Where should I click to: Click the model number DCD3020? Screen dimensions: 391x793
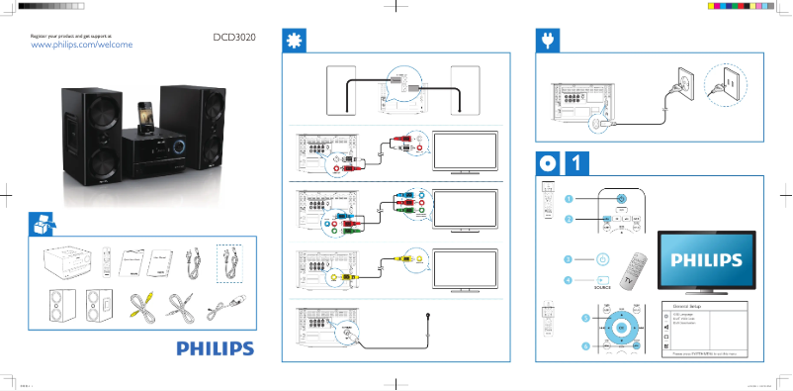click(x=234, y=39)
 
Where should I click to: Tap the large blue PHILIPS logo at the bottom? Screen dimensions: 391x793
click(x=216, y=348)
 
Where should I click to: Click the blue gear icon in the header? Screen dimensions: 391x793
click(x=294, y=40)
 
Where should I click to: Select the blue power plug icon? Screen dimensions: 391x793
click(x=546, y=40)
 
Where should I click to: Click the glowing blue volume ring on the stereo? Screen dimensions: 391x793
click(x=181, y=148)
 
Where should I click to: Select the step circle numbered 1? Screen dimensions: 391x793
click(x=570, y=198)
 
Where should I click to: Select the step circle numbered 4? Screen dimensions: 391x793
click(x=570, y=281)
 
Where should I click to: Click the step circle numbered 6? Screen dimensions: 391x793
click(x=585, y=346)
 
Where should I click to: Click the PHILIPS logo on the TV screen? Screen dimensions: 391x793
click(x=707, y=260)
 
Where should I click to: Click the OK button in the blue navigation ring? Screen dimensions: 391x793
click(x=621, y=327)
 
